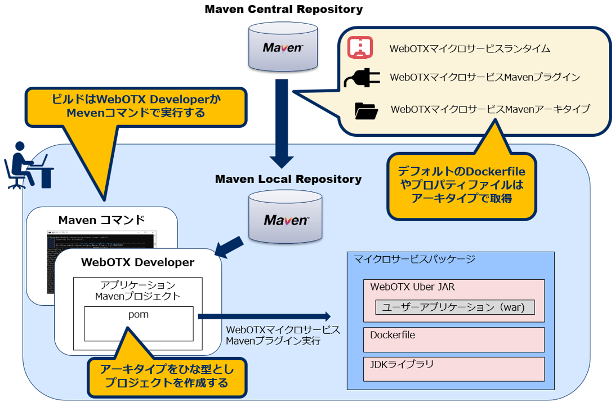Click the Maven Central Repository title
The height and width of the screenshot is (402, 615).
(x=283, y=10)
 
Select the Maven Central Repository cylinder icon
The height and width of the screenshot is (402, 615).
(x=283, y=47)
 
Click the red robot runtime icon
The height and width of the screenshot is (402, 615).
(x=359, y=48)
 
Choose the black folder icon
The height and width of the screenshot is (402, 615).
(x=366, y=110)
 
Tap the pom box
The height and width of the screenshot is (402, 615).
(x=139, y=323)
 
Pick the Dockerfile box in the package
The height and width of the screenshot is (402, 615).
(x=453, y=339)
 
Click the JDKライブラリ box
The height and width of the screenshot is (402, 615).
(x=453, y=368)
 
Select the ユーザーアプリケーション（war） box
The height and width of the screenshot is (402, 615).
(x=454, y=307)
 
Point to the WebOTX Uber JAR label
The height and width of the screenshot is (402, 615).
(x=412, y=287)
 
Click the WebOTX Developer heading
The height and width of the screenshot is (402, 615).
(x=137, y=262)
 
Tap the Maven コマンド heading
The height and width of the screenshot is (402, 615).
(x=101, y=219)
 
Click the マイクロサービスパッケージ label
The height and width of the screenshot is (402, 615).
(x=415, y=260)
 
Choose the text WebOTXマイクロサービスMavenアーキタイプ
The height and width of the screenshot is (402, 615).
(x=489, y=109)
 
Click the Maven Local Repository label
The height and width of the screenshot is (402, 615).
(x=288, y=180)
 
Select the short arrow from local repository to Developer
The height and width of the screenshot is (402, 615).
(x=229, y=247)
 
